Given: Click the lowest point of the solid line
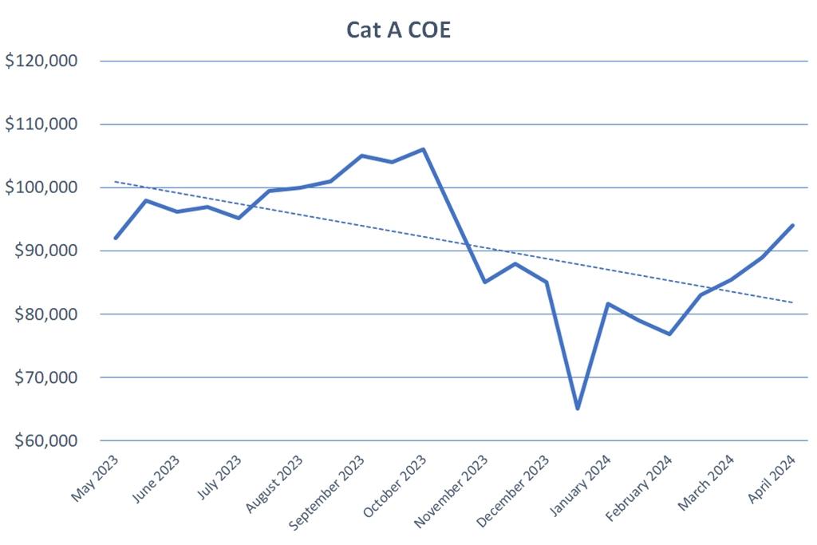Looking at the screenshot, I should (x=577, y=409).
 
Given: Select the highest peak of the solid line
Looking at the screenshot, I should (x=423, y=149).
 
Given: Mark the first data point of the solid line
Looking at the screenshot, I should (x=116, y=238).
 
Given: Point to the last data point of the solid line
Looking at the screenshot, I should (x=792, y=225).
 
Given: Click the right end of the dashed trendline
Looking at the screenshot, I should (x=792, y=302).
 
